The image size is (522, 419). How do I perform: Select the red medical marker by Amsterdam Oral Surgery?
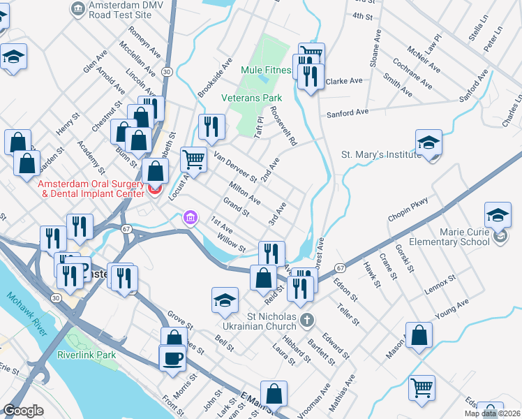click(x=155, y=189)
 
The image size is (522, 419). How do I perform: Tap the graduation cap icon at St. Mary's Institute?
click(x=428, y=142)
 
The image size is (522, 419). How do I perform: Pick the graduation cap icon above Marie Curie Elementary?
click(x=498, y=214)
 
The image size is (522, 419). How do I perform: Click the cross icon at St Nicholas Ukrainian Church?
click(x=306, y=321)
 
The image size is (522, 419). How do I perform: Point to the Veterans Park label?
click(x=252, y=98)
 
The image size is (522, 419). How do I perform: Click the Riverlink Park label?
click(x=87, y=354)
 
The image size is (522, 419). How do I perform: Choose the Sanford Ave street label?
click(x=344, y=112)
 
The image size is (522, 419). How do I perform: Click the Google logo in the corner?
click(x=24, y=411)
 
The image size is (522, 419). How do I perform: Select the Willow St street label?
click(x=232, y=244)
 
